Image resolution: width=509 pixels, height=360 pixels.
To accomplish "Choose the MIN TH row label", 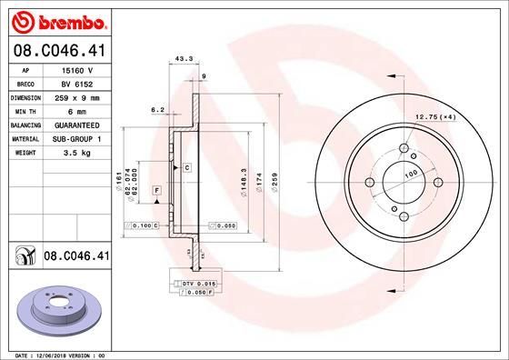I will click(25, 111).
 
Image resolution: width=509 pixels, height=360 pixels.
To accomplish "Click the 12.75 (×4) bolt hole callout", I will click(434, 115).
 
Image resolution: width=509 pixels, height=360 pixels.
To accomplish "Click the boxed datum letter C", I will click(186, 168).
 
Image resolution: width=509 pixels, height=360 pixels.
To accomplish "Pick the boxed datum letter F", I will click(157, 189).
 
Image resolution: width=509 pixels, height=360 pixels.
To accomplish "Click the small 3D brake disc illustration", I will click(56, 310).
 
